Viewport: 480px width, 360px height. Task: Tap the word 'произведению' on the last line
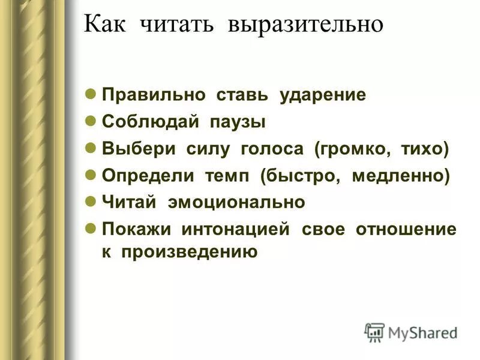(x=190, y=251)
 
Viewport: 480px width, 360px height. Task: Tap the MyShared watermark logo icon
(x=374, y=332)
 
